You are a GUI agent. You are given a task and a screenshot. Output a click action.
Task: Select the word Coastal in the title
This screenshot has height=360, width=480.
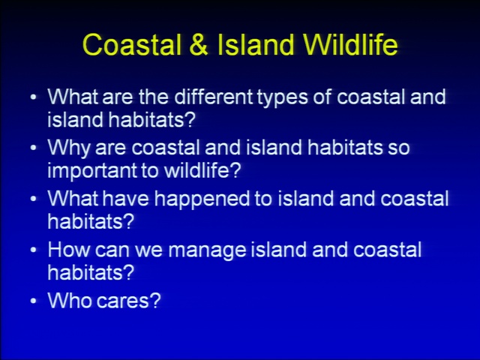[x=132, y=45]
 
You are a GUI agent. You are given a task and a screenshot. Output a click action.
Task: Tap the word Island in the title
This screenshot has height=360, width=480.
[x=256, y=44]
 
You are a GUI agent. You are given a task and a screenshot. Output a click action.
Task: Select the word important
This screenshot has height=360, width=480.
[x=92, y=170]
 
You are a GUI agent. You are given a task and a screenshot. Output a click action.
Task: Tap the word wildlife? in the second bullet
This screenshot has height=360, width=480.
[x=202, y=169]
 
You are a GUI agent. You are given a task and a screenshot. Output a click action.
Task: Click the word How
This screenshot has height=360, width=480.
[x=68, y=250]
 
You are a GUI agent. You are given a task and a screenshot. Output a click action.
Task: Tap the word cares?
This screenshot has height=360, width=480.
[x=128, y=301]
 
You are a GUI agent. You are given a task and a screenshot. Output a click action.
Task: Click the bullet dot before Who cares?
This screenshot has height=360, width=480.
[x=33, y=301]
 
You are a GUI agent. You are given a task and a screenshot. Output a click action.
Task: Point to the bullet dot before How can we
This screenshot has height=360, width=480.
[x=33, y=250]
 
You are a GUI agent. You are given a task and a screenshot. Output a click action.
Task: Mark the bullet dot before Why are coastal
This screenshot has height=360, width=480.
[x=33, y=148]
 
